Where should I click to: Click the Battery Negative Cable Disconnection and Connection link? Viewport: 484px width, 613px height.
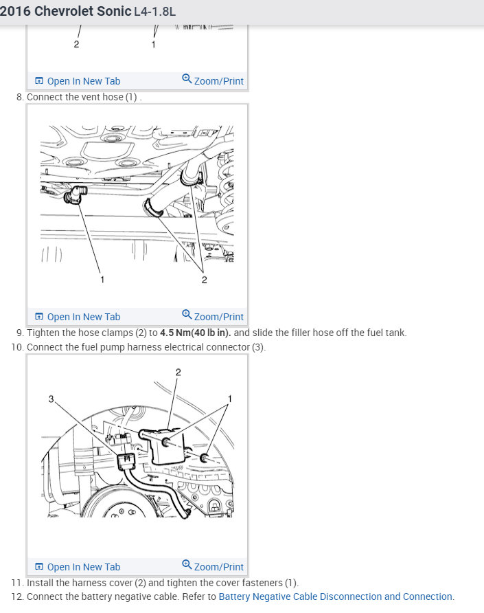click(336, 597)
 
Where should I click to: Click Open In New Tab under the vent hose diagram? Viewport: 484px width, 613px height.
click(84, 317)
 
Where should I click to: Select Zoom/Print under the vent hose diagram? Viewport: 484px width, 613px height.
click(219, 317)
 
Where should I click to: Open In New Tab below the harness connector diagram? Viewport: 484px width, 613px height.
click(84, 567)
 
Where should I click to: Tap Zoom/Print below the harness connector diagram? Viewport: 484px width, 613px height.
click(219, 567)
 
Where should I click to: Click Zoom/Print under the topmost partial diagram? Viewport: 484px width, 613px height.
click(219, 81)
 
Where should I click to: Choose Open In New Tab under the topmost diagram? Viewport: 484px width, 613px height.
click(84, 81)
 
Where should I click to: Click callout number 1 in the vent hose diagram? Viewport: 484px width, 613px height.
click(102, 280)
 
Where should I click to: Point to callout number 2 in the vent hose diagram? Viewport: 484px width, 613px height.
click(205, 280)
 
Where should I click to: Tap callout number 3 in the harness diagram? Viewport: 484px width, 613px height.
click(51, 399)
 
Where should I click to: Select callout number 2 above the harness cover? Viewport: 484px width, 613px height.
click(178, 372)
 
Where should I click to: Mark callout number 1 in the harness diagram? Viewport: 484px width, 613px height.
click(230, 399)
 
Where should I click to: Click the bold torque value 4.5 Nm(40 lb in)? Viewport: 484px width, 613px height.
click(196, 333)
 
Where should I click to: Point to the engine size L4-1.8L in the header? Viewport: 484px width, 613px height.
click(154, 11)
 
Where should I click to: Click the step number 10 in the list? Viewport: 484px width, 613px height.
click(17, 347)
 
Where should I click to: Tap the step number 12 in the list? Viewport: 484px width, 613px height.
click(17, 597)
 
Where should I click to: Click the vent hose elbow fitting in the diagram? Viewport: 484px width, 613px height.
click(75, 194)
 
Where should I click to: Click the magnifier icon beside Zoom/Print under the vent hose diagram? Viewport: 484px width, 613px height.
click(187, 314)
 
